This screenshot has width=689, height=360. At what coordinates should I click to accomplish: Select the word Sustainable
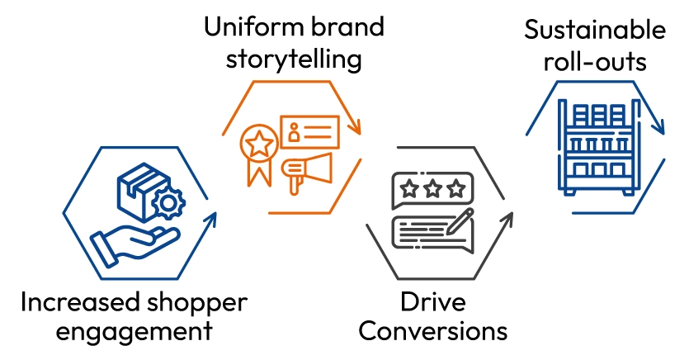[x=595, y=31]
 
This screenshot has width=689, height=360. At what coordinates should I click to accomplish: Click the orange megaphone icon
[x=306, y=168]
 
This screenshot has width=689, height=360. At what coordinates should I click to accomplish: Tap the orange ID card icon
[x=309, y=131]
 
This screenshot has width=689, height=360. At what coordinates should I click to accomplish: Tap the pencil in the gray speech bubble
[x=458, y=224]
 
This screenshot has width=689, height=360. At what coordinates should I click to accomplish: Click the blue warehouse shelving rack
[x=595, y=149]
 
